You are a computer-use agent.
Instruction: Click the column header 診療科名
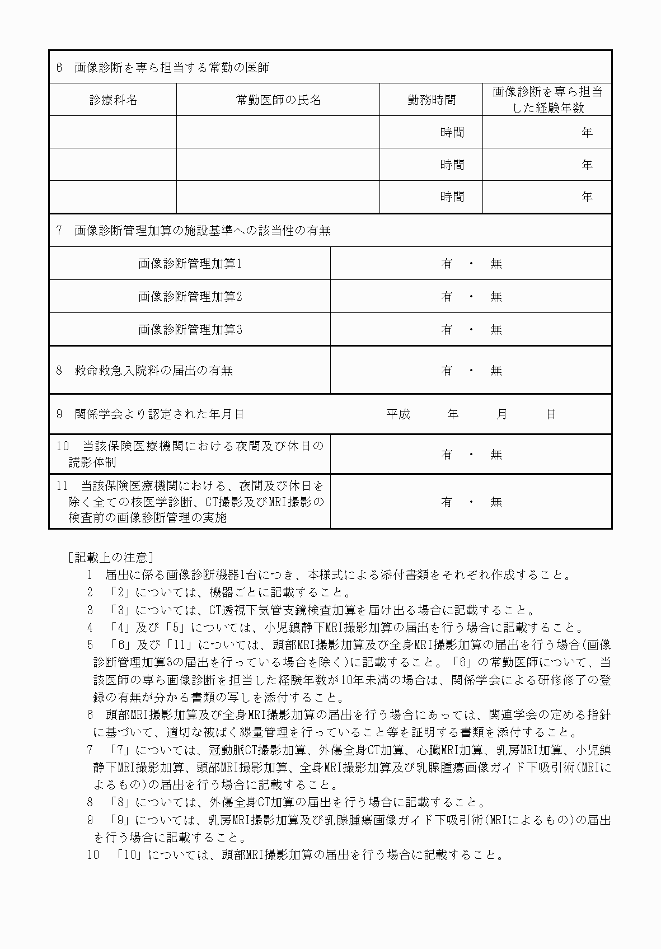[x=113, y=100]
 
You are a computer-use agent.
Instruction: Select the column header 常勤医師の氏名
[x=278, y=100]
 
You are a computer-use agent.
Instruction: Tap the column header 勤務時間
[x=431, y=100]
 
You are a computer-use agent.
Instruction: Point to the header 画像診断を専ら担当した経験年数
[x=547, y=100]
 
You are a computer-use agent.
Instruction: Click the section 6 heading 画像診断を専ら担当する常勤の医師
[x=171, y=68]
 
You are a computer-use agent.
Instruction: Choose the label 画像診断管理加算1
[x=190, y=263]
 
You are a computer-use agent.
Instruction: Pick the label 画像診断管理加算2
[x=190, y=296]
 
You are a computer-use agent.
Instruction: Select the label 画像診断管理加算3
[x=190, y=329]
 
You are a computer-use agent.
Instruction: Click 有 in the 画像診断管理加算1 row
[x=446, y=263]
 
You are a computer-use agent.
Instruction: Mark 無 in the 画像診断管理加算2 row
[x=496, y=296]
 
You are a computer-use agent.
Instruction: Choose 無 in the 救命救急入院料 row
[x=496, y=370]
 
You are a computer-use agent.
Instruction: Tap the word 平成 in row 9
[x=398, y=414]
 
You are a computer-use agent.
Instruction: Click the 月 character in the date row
[x=501, y=414]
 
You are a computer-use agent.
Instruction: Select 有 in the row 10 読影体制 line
[x=446, y=454]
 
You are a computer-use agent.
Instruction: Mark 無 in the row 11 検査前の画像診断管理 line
[x=496, y=502]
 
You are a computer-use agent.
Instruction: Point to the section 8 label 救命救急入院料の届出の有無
[x=153, y=370]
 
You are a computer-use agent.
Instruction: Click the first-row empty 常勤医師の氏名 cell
[x=278, y=132]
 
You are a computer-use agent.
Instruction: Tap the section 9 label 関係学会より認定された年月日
[x=159, y=414]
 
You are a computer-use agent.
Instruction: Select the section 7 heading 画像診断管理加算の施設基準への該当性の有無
[x=202, y=230]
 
